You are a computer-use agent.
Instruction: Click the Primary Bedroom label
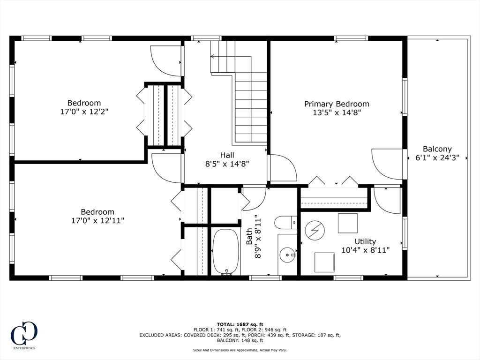point(337,104)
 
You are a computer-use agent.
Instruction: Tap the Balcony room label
point(437,149)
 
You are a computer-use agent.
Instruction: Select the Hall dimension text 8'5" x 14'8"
point(227,164)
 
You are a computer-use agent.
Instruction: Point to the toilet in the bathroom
point(285,223)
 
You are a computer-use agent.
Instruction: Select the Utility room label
point(365,241)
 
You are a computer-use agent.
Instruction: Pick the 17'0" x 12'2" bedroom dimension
point(84,112)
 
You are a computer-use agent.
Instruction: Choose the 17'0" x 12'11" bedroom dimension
point(97,220)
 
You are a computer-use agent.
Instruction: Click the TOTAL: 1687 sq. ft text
point(240,324)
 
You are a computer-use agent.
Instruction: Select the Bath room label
point(249,236)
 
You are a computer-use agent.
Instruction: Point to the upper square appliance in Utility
point(348,223)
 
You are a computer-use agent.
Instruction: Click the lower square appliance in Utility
point(324,262)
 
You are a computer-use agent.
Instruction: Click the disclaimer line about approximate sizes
point(240,350)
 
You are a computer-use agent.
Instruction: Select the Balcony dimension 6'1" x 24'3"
point(437,157)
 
